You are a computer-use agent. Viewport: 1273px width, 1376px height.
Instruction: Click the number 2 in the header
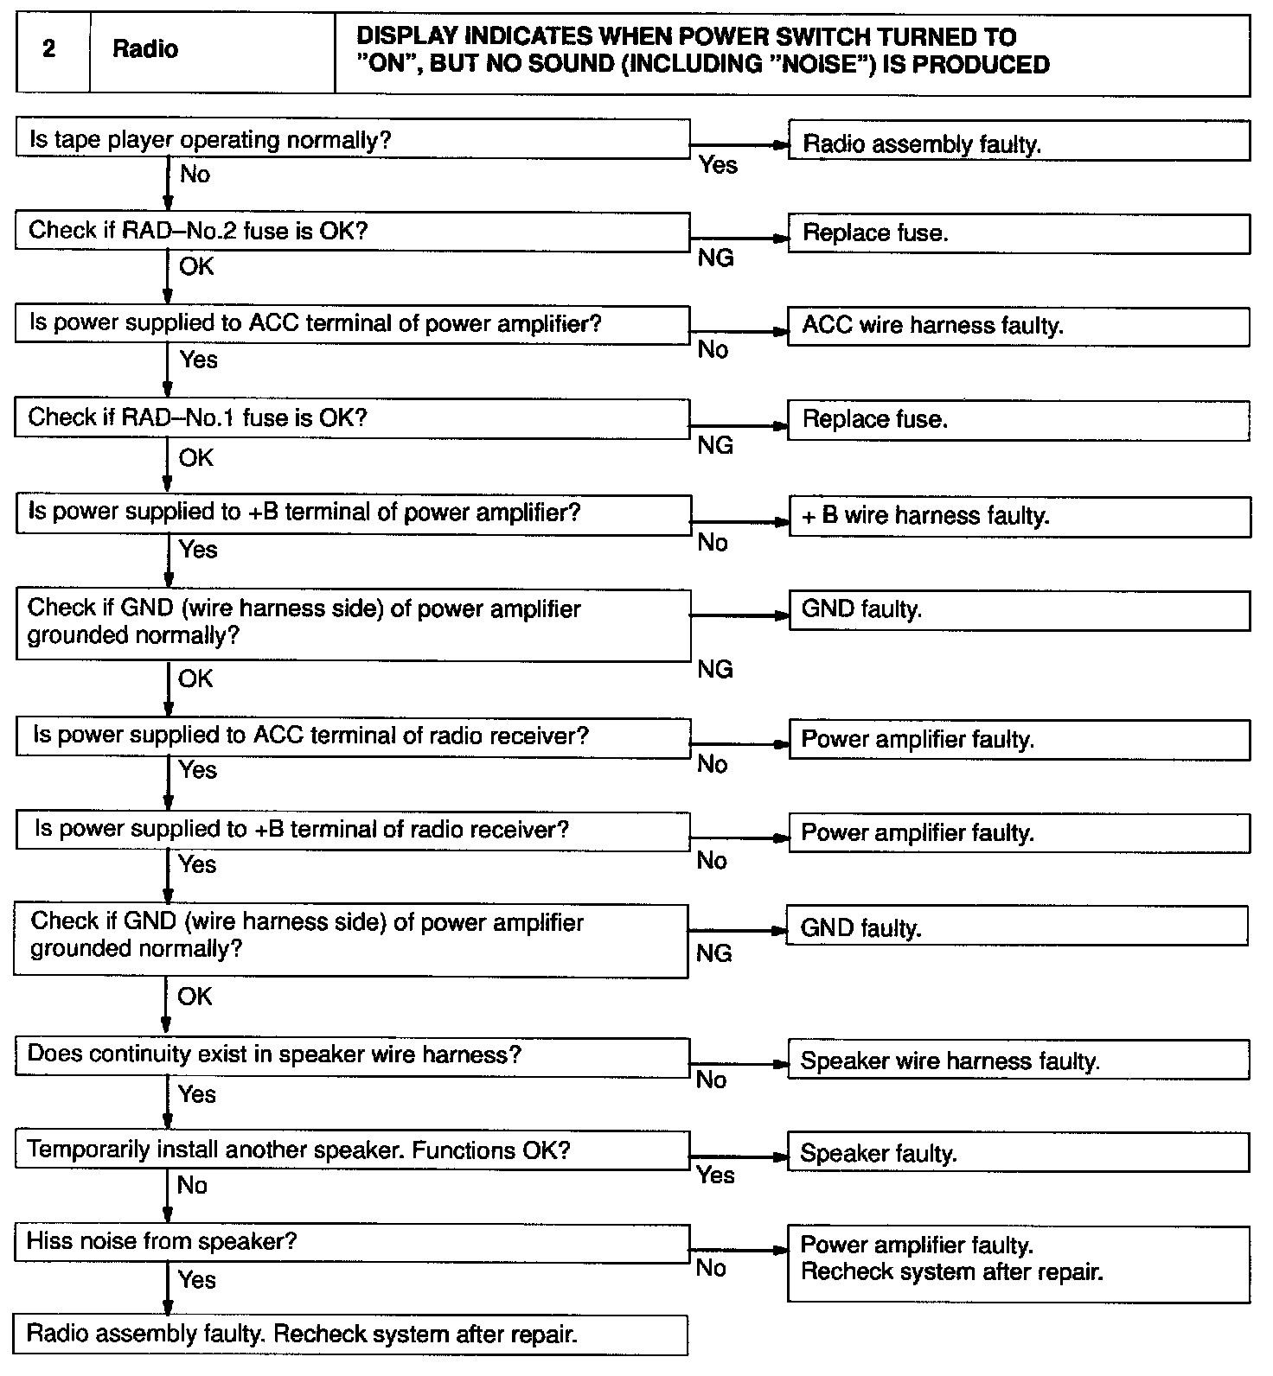coord(49,49)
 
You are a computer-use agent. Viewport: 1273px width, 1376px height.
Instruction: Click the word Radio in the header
coord(145,49)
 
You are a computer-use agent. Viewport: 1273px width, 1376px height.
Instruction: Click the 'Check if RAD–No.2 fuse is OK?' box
coord(352,231)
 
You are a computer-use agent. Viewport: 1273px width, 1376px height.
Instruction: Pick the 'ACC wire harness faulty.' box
coord(1018,326)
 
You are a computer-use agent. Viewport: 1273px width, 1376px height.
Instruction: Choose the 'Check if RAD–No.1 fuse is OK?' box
coord(352,418)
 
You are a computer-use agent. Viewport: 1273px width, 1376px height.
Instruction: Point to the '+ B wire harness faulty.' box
coord(1019,517)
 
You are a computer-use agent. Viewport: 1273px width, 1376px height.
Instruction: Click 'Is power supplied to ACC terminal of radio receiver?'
coord(352,736)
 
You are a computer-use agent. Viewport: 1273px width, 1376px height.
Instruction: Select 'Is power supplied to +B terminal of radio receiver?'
coord(352,831)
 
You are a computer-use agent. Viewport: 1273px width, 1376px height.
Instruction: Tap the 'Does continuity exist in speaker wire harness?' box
coord(352,1055)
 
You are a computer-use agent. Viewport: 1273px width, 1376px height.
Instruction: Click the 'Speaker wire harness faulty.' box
coord(1018,1061)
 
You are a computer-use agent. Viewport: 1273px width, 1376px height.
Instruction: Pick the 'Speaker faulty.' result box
coord(1018,1154)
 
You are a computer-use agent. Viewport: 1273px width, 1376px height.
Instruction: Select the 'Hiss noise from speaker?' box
coord(352,1242)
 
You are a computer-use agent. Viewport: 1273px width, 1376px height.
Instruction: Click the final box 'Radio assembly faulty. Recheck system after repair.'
coord(350,1335)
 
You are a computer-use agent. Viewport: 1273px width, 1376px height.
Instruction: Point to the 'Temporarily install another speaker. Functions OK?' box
coord(352,1150)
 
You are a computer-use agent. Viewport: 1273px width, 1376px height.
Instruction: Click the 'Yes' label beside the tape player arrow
coord(718,165)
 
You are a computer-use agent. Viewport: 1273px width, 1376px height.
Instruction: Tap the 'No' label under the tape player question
coord(195,175)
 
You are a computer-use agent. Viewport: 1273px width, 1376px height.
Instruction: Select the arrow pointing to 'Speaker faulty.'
coord(739,1156)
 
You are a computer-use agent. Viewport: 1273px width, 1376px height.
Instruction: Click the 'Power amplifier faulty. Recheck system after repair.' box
coord(1018,1263)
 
